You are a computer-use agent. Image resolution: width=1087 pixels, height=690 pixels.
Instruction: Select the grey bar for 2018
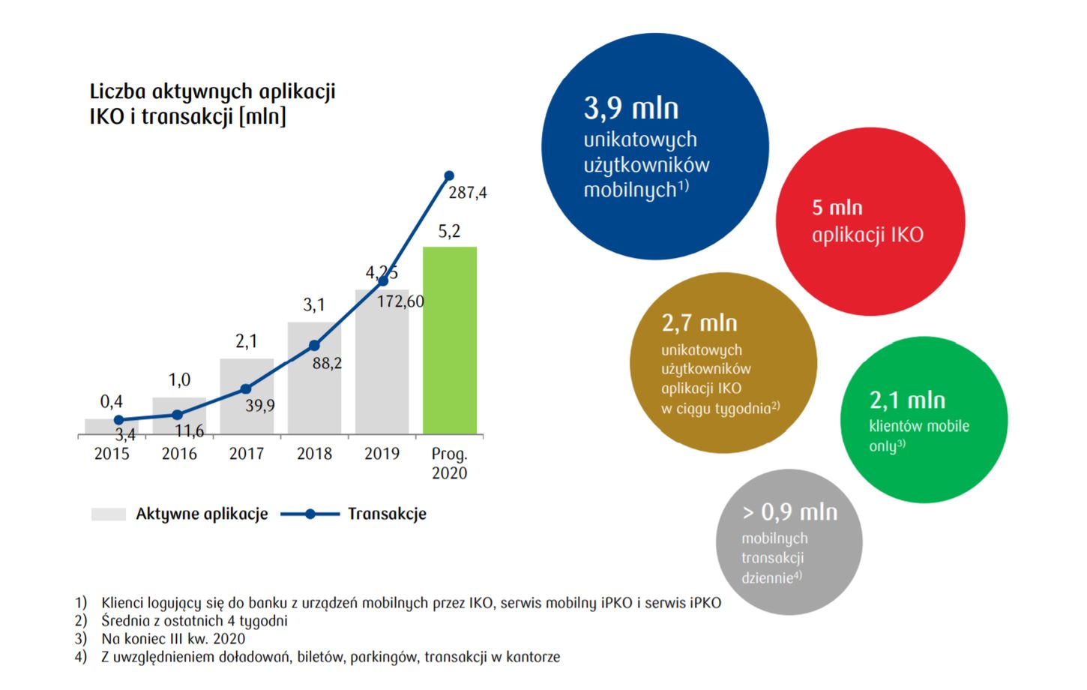[x=314, y=378]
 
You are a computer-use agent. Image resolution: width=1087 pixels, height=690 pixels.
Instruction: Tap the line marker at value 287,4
[x=449, y=175]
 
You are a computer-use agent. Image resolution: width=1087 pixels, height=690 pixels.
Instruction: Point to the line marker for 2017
[x=246, y=388]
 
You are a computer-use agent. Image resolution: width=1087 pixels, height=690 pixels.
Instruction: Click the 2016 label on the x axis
[x=179, y=454]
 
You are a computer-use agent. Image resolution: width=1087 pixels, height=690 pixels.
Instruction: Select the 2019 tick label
[x=382, y=454]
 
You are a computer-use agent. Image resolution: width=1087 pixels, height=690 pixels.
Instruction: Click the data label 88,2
[x=327, y=363]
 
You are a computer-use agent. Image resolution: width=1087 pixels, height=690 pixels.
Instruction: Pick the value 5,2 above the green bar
[x=449, y=231]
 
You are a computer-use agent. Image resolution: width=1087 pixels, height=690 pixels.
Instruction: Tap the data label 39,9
[x=259, y=406]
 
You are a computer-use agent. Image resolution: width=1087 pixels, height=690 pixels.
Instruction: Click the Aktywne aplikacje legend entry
[x=201, y=514]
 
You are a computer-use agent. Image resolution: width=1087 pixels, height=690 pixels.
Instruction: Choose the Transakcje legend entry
[x=386, y=514]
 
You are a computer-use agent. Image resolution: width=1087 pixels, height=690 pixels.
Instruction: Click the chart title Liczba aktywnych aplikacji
[x=212, y=91]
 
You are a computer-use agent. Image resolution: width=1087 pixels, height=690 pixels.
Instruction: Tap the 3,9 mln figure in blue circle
[x=630, y=109]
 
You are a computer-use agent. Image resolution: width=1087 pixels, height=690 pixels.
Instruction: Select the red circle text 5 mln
[x=837, y=208]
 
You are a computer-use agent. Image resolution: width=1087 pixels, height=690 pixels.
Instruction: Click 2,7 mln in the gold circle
[x=699, y=323]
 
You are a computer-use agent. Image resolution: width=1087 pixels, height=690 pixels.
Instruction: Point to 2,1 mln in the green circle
[x=906, y=400]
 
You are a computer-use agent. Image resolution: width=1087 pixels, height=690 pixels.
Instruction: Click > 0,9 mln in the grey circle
[x=789, y=512]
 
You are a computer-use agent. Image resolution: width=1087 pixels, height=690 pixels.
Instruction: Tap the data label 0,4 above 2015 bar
[x=112, y=402]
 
